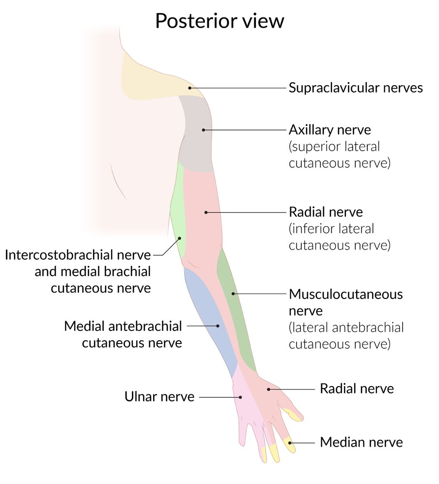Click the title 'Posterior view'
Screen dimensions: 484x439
pos(219,22)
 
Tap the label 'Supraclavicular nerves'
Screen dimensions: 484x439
pos(356,88)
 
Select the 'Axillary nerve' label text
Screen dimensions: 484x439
pos(329,130)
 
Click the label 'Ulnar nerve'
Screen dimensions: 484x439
pos(159,397)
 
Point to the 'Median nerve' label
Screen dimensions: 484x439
pos(361,442)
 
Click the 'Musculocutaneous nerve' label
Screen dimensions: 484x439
pos(345,301)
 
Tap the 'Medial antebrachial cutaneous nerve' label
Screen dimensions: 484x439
pos(123,334)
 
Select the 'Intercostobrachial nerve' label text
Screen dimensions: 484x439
pos(78,255)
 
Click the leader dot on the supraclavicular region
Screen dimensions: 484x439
pos(190,88)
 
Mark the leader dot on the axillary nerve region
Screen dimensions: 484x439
pos(204,130)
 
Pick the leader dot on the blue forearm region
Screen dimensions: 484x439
pos(218,326)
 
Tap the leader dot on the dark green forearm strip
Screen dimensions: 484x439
pos(233,294)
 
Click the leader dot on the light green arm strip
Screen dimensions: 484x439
pos(179,238)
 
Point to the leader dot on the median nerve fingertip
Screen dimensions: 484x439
pos(289,442)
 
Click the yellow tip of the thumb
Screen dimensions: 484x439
pos(293,415)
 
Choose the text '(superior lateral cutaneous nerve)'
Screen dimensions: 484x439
pos(339,155)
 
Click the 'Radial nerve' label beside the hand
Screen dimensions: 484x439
pos(357,388)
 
